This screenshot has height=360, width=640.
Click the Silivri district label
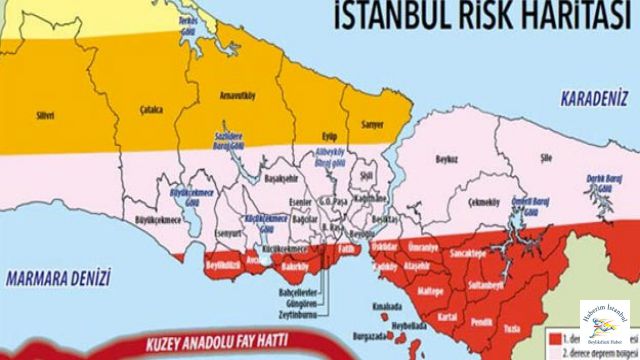pos(45,115)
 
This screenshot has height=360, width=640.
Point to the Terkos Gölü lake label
pos(181,22)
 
